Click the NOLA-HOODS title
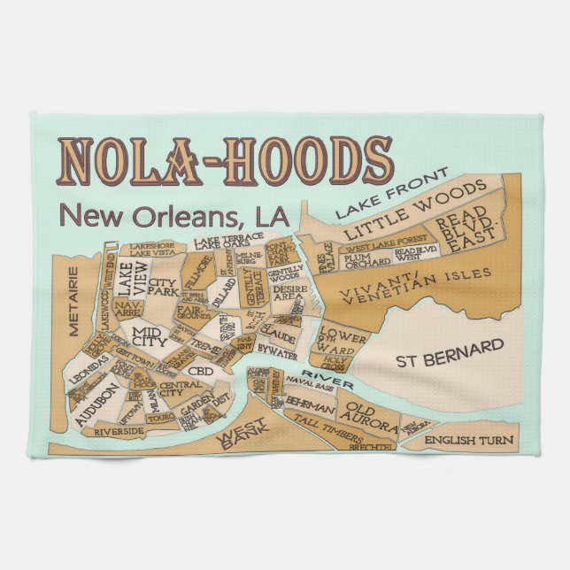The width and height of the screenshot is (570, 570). point(226,161)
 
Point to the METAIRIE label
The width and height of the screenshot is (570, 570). point(74,308)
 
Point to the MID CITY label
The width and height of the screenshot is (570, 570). point(149,338)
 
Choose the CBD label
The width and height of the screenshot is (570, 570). point(202,371)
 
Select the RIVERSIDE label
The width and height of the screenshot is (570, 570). point(119,431)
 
